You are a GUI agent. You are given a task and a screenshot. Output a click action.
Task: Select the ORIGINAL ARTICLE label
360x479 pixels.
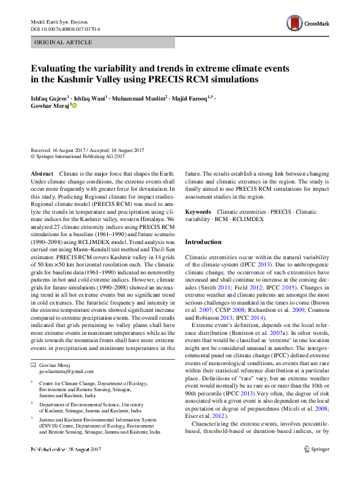63,42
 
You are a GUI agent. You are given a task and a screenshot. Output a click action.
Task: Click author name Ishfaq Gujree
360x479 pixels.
49,97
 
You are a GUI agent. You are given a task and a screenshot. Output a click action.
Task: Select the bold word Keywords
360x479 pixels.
198,213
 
